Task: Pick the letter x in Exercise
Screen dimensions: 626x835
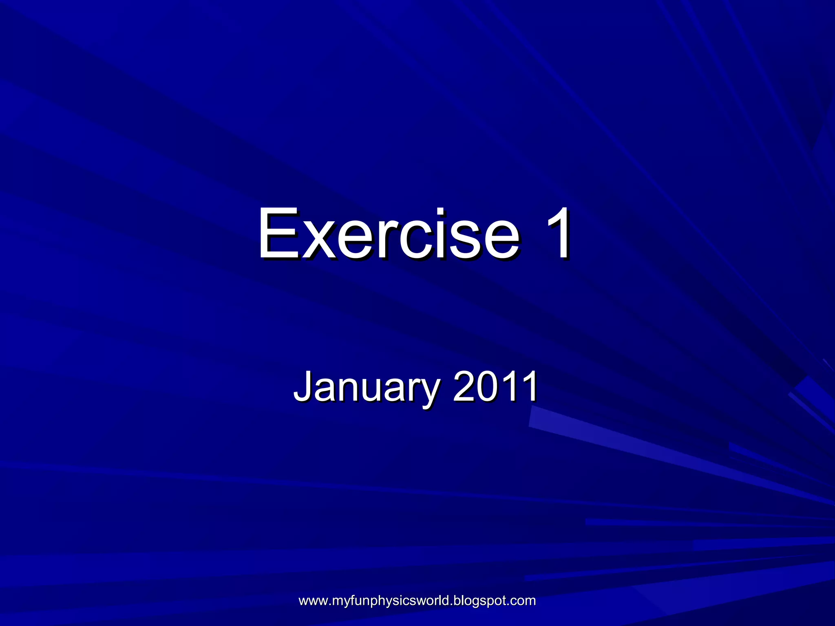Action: (x=317, y=240)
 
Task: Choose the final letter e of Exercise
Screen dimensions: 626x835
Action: (x=501, y=240)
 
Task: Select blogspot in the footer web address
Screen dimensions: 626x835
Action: (x=475, y=601)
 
